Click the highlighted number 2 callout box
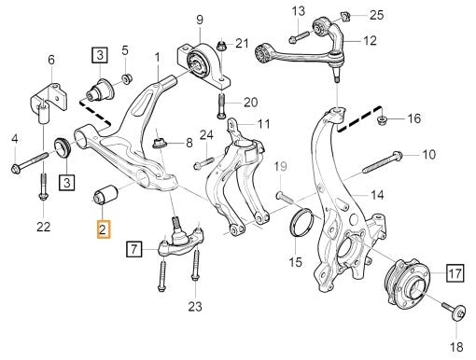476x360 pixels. (x=104, y=229)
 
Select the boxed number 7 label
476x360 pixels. (x=133, y=249)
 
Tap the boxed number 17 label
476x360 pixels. (x=455, y=273)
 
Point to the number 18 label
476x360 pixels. (x=456, y=347)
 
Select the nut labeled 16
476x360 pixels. (x=380, y=119)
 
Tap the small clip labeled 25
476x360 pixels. (x=345, y=17)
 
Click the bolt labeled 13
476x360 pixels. (x=299, y=36)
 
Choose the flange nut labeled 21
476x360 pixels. (x=221, y=46)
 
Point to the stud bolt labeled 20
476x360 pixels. (x=221, y=106)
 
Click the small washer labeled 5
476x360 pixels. (x=127, y=78)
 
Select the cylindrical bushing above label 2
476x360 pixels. (x=105, y=194)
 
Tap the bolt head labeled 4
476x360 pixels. (x=16, y=169)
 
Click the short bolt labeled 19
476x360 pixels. (x=284, y=197)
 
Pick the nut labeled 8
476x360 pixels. (x=160, y=144)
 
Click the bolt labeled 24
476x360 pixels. (x=203, y=163)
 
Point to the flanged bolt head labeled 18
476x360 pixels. (x=459, y=312)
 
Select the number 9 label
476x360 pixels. (x=200, y=20)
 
